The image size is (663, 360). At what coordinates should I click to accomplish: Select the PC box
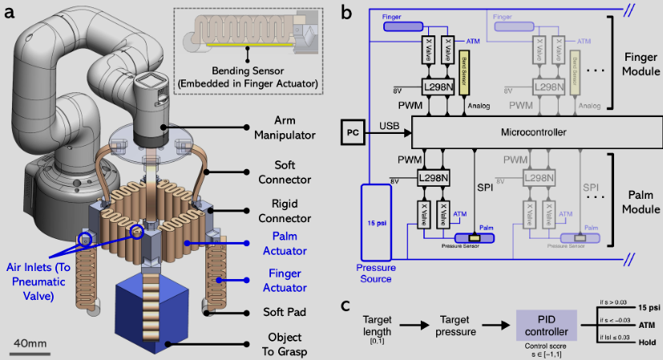coord(354,131)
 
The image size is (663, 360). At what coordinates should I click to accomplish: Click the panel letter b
coord(346,11)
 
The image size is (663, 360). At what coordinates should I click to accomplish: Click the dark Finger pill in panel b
coord(406,26)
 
